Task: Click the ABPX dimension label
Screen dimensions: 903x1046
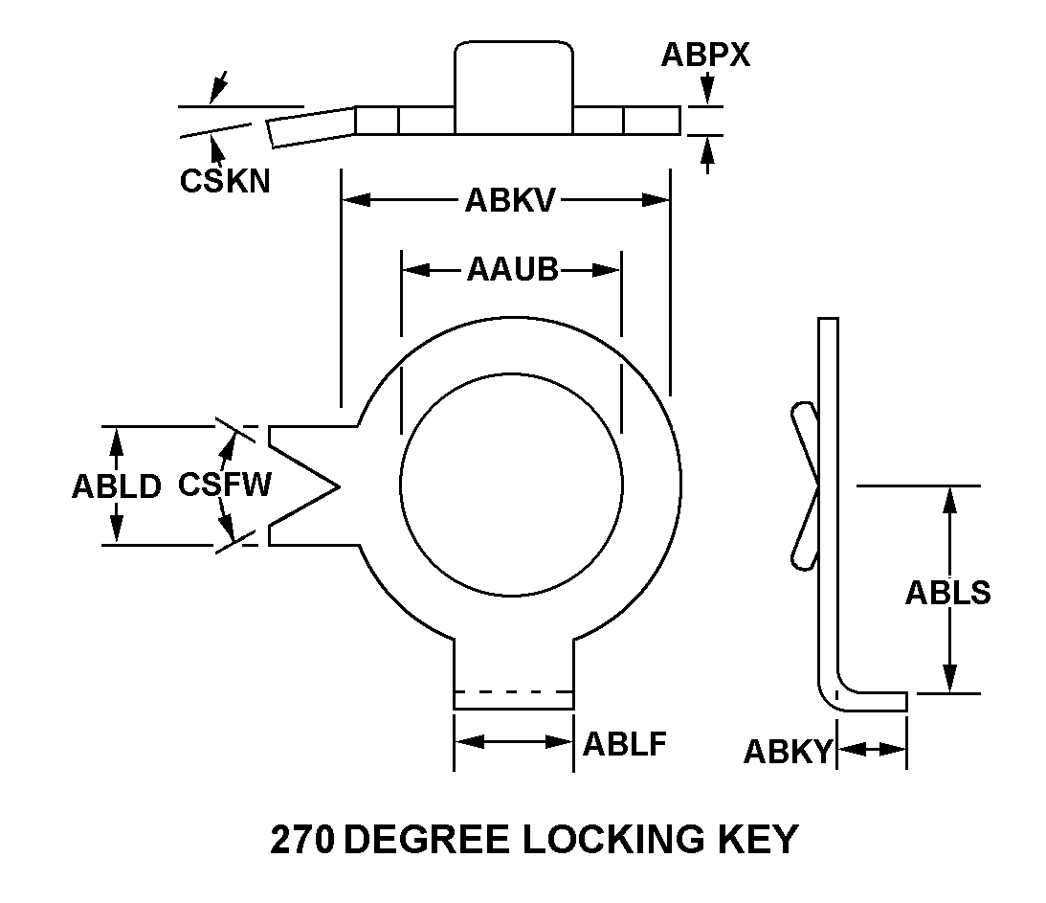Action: [705, 56]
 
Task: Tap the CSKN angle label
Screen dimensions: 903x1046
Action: [225, 180]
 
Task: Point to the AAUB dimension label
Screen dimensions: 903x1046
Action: [512, 270]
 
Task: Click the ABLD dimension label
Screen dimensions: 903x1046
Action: [116, 486]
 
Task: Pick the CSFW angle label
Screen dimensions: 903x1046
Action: [224, 485]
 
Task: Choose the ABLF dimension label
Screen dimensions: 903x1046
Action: [624, 744]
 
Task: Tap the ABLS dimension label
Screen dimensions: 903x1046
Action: [947, 593]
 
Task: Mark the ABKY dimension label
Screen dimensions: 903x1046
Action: [789, 752]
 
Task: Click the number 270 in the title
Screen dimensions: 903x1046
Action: [302, 840]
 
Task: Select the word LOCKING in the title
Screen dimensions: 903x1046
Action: [607, 840]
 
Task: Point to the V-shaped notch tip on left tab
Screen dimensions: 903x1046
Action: [338, 486]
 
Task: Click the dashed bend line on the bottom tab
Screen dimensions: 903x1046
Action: [513, 691]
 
